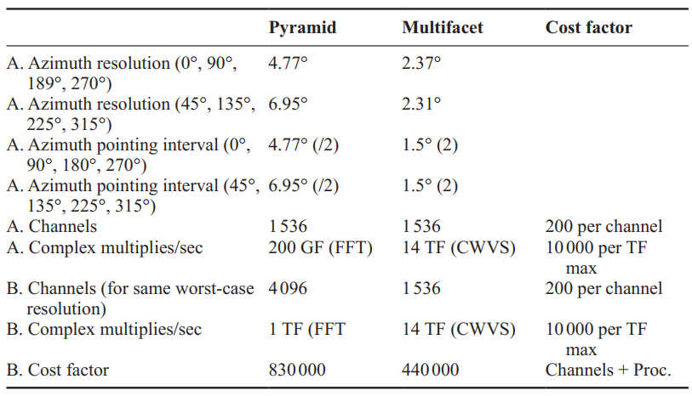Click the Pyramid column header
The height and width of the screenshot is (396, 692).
point(302,28)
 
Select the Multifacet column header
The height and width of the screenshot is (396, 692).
point(442,28)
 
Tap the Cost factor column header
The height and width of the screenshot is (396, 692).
point(588,28)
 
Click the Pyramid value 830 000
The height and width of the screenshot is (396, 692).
point(297,370)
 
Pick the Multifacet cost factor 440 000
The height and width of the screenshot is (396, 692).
point(430,370)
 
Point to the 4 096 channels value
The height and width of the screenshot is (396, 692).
point(288,289)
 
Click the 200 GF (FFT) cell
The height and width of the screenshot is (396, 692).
point(313,248)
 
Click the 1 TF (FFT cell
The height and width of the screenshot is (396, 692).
point(306,329)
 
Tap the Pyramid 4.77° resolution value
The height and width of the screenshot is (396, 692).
point(288,63)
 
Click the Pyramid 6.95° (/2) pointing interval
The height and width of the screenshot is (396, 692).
point(304,185)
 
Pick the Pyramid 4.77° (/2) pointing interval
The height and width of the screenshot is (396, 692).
point(304,144)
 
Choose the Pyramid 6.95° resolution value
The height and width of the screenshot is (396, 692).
point(288,104)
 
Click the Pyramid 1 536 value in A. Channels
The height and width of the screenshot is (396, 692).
point(288,227)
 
